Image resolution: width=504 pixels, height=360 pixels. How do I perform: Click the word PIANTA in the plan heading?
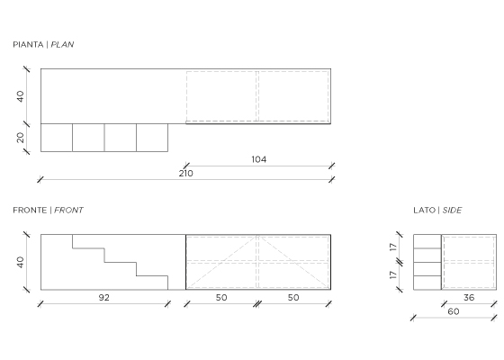click(28, 44)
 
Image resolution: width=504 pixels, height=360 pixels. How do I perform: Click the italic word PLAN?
click(62, 44)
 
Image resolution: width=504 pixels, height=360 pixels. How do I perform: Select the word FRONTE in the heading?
click(30, 211)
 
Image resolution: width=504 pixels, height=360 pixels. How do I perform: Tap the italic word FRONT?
click(68, 211)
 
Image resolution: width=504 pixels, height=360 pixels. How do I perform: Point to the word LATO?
click(424, 211)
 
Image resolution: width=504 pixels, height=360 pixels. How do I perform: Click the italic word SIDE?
click(452, 211)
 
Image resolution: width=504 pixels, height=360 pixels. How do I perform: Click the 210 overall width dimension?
click(185, 174)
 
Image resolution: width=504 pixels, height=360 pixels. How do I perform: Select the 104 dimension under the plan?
click(259, 159)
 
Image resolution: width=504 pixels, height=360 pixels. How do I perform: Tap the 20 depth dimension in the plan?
click(20, 138)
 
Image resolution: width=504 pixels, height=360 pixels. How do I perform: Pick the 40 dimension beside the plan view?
click(20, 96)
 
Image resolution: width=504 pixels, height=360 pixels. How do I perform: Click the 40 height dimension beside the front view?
click(20, 262)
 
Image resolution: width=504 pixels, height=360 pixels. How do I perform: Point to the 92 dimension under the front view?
click(103, 298)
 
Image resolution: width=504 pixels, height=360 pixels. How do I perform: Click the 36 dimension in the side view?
click(469, 298)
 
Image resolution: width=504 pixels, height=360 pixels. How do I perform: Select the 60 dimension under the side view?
click(454, 311)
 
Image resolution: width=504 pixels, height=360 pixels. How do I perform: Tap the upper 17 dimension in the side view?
click(393, 247)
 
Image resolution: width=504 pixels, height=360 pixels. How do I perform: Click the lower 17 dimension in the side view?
click(393, 275)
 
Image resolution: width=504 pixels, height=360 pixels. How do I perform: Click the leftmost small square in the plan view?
click(57, 138)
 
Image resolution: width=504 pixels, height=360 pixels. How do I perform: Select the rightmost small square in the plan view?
click(152, 138)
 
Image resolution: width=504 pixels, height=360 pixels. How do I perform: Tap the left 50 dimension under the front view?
click(221, 298)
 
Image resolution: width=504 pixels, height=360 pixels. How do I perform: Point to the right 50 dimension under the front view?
click(293, 298)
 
